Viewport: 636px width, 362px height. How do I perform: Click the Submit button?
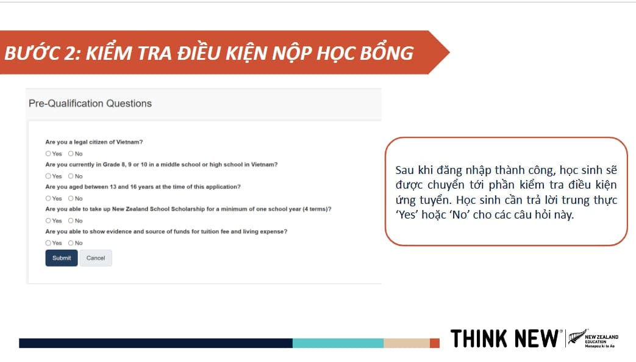pos(62,258)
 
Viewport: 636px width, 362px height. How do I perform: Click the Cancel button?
pos(96,258)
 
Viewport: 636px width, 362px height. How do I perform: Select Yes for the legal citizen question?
pos(48,154)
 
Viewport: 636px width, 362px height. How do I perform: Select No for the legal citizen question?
pos(71,154)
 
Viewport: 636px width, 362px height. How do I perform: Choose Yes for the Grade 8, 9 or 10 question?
pos(48,176)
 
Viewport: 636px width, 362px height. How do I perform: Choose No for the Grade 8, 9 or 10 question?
pos(71,176)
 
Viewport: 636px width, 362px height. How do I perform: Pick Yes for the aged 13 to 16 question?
pos(48,198)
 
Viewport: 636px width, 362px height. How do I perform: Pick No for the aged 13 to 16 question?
pos(71,198)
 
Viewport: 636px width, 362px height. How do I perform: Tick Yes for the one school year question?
pos(48,220)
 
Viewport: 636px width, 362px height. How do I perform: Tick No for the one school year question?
pos(71,220)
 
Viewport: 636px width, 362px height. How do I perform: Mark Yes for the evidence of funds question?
pos(48,243)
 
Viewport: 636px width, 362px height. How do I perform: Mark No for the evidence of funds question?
pos(71,243)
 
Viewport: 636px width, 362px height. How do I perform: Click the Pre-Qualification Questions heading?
pos(90,104)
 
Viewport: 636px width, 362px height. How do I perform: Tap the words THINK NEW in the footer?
pos(504,338)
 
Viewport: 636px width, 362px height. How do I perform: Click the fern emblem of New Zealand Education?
pos(577,337)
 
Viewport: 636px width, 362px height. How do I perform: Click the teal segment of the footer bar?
pos(338,343)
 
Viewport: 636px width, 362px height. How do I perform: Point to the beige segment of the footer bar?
pos(407,343)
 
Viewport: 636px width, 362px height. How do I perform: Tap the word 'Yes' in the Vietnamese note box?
pos(407,214)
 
